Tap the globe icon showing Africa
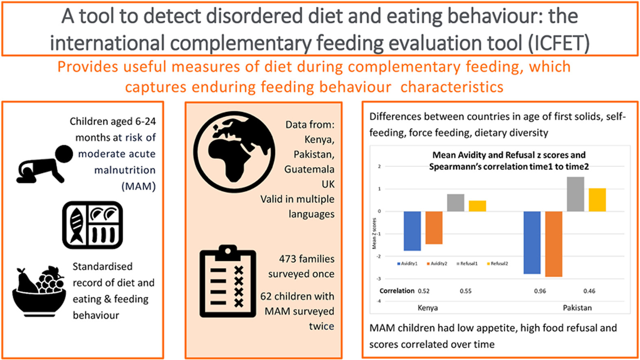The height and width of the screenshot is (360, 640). pyautogui.click(x=234, y=152)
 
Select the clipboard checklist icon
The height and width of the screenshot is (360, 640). pyautogui.click(x=228, y=281)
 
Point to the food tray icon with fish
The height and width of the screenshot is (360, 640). pyautogui.click(x=93, y=225)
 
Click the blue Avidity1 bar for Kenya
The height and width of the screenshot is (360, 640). pyautogui.click(x=412, y=231)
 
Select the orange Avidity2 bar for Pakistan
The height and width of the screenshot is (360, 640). pyautogui.click(x=554, y=244)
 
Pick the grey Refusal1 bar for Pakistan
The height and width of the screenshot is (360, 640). pyautogui.click(x=575, y=194)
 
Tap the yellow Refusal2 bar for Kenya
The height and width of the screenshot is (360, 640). pyautogui.click(x=477, y=206)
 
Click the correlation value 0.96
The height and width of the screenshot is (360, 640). pyautogui.click(x=540, y=291)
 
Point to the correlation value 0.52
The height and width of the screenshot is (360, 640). pyautogui.click(x=424, y=291)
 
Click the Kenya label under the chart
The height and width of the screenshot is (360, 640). pyautogui.click(x=428, y=308)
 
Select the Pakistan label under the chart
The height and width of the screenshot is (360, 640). pyautogui.click(x=577, y=308)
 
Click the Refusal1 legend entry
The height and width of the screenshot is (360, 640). pyautogui.click(x=467, y=264)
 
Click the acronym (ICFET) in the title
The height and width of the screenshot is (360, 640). pyautogui.click(x=559, y=43)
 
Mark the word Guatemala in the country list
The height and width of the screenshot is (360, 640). pyautogui.click(x=309, y=169)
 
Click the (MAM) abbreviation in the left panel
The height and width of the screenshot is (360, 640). pyautogui.click(x=139, y=187)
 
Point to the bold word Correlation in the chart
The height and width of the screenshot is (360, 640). pyautogui.click(x=397, y=291)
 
